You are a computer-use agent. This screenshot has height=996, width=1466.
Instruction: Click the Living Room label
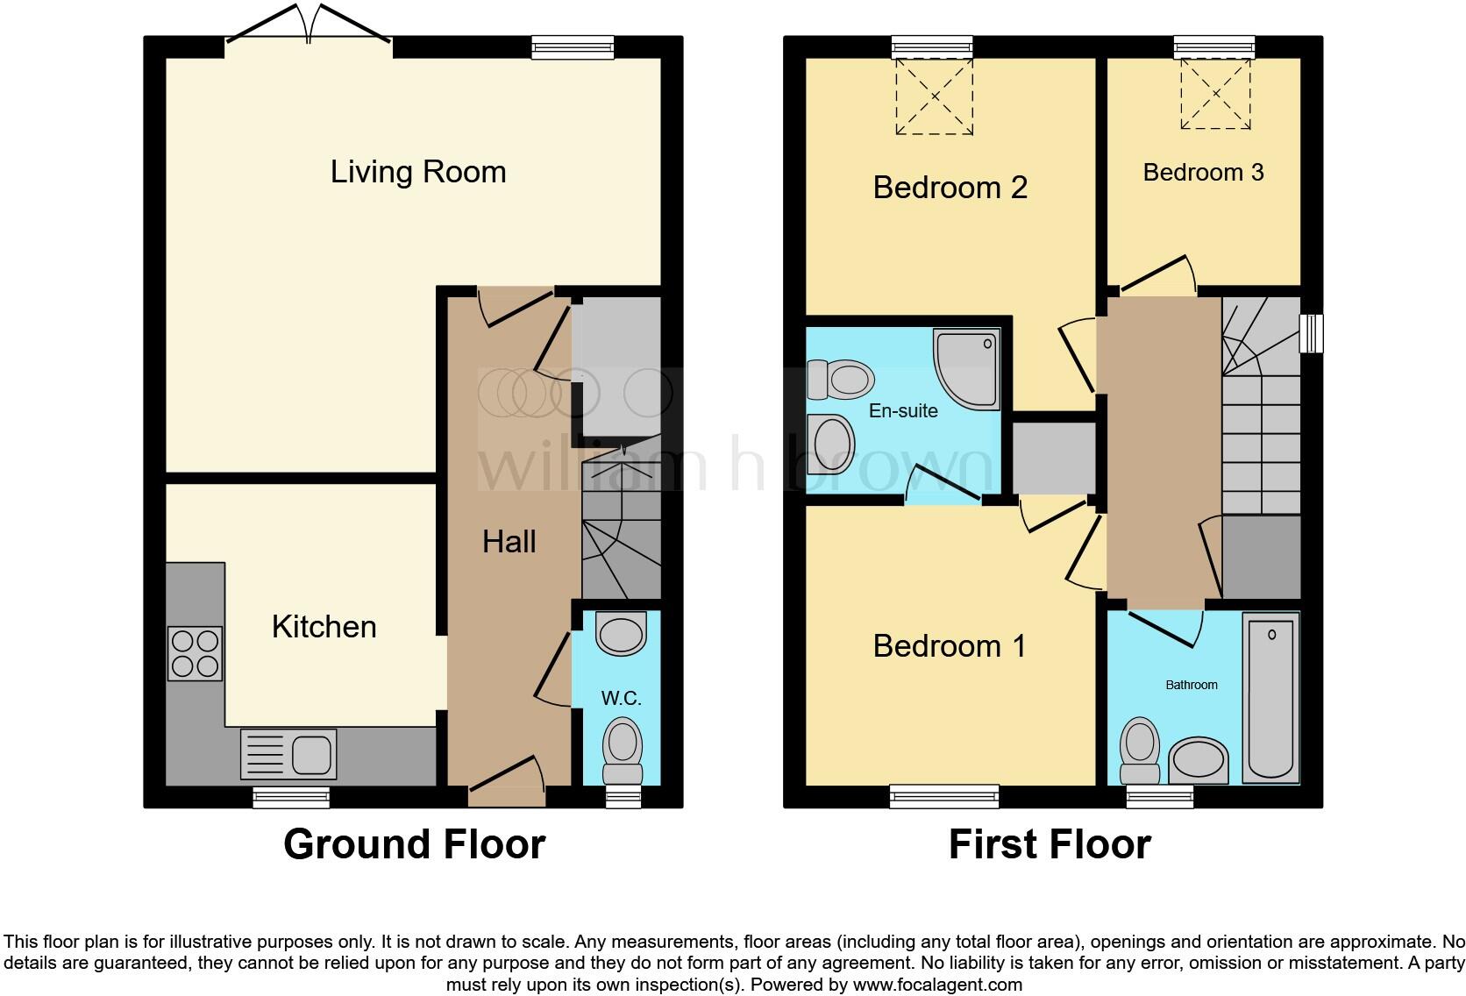(x=418, y=172)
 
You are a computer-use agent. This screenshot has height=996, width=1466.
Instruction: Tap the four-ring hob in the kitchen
(x=196, y=654)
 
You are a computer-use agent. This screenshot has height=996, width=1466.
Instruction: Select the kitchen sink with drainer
(x=288, y=754)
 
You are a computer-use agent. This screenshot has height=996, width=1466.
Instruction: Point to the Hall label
(x=509, y=542)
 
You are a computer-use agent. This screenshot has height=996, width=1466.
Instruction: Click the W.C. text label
(x=621, y=699)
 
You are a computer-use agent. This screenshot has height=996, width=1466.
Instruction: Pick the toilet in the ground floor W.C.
(x=623, y=751)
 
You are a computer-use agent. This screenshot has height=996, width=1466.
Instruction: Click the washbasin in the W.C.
(x=620, y=634)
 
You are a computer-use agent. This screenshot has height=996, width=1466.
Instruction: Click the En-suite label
(x=903, y=411)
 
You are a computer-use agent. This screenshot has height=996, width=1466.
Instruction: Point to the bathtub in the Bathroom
(x=1270, y=697)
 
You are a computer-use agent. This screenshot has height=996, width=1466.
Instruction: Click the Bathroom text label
(x=1191, y=685)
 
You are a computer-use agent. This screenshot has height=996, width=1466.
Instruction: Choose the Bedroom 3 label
(x=1203, y=173)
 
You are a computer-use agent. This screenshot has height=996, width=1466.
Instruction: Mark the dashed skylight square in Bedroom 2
(x=934, y=96)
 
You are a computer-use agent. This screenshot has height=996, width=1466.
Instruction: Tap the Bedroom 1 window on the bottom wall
(x=943, y=796)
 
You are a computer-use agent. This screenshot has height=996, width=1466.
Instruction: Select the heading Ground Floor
(x=414, y=844)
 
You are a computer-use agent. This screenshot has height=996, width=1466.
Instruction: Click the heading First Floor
(x=1050, y=844)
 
